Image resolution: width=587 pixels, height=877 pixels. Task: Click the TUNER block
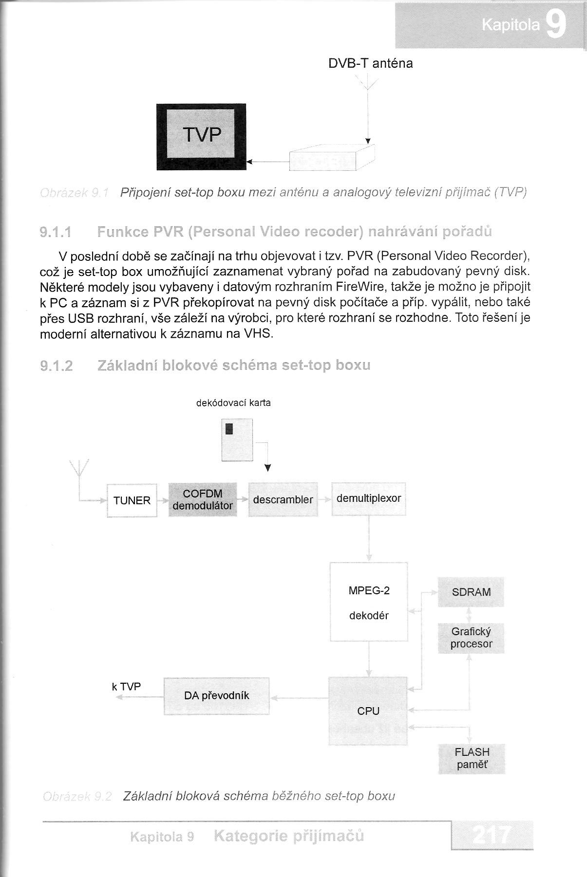tap(132, 500)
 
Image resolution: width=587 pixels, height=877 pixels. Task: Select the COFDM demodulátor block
tap(203, 500)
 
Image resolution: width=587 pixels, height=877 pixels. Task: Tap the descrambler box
tap(283, 499)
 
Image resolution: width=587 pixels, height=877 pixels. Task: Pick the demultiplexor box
tap(369, 498)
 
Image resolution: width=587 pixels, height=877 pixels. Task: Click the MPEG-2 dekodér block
tap(369, 603)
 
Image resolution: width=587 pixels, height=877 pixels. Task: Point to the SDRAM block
tap(471, 592)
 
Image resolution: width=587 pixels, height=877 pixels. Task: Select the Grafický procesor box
tap(471, 638)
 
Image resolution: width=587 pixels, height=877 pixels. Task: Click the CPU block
tap(368, 711)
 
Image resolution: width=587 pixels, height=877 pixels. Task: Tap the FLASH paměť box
tap(472, 758)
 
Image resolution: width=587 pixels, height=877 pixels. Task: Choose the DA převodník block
tap(216, 695)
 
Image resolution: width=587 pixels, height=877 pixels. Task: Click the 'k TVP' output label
tap(126, 687)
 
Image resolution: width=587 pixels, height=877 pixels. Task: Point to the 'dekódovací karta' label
tap(233, 403)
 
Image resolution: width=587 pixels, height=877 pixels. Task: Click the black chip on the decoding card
tap(229, 429)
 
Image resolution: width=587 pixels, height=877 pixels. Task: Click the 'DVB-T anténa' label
tap(370, 63)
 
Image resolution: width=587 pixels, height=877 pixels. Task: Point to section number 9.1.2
tap(56, 365)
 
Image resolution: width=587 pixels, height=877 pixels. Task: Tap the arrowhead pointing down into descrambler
tap(267, 468)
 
